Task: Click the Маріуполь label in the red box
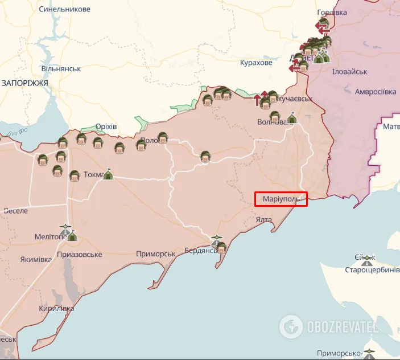pos(281,199)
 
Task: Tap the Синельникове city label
pos(64,10)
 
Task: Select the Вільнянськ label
pos(61,69)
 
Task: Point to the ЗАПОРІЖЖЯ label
pos(24,83)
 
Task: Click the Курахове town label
pos(256,63)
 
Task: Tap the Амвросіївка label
pos(375,92)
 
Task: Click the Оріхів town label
pos(106,126)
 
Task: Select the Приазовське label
pos(80,255)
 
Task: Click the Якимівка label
pos(36,260)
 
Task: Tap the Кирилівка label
pos(57,309)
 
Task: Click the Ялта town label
pos(263,219)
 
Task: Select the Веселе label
pos(15,211)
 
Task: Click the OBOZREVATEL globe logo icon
pos(291,326)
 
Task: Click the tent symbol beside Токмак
pos(108,175)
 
